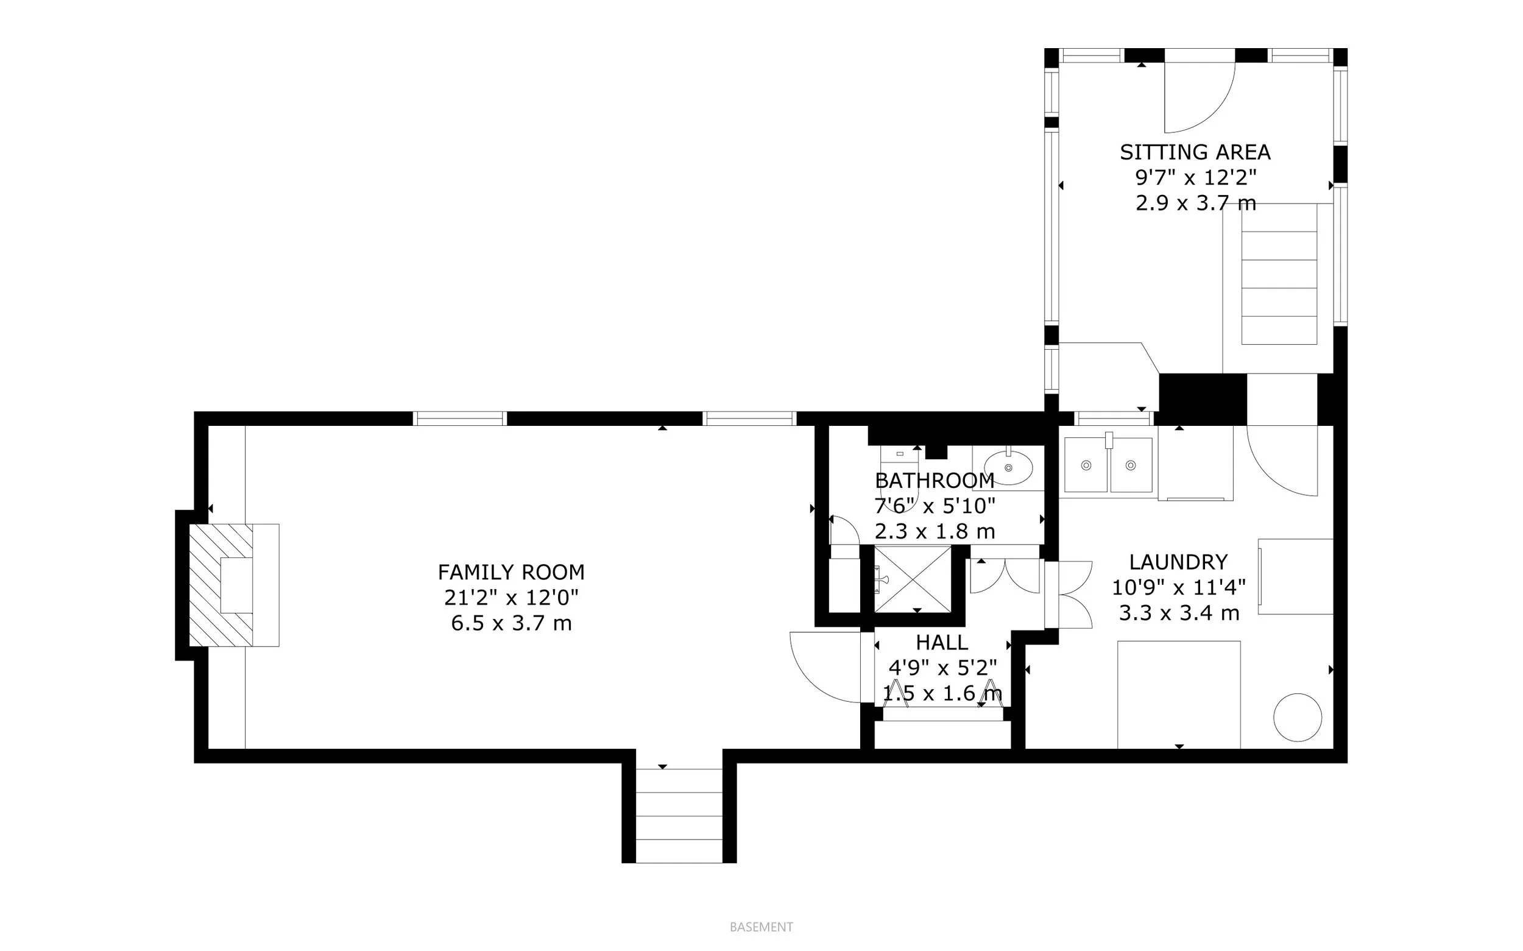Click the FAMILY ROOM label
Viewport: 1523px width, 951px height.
pos(511,572)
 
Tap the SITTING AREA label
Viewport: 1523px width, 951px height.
pos(1195,152)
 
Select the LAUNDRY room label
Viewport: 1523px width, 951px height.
pos(1178,562)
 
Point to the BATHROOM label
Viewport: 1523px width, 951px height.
pos(935,481)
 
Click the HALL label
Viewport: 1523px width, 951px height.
pos(941,642)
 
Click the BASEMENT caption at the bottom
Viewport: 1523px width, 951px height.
pos(761,927)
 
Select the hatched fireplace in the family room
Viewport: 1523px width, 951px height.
pos(220,585)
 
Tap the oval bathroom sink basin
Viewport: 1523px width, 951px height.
pos(1008,467)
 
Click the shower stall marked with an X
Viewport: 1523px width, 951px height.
pos(913,579)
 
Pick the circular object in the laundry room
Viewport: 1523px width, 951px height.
pos(1297,718)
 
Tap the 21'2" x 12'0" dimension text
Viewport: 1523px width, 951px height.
pos(511,598)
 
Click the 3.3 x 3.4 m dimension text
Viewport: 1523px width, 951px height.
pos(1178,613)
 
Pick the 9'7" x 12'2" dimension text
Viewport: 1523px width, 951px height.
pos(1195,178)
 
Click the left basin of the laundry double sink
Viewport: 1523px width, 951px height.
pos(1086,465)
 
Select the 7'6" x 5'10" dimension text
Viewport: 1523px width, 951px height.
pos(935,506)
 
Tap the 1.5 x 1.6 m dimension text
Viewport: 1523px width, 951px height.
pos(941,693)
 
